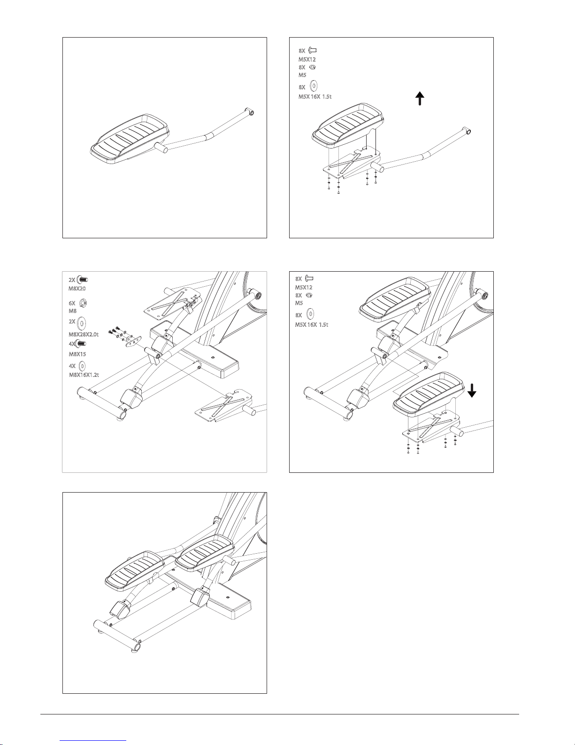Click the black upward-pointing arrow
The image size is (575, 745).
pos(420,98)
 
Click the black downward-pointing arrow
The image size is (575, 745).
pos(472,391)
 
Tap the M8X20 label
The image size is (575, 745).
pos(77,288)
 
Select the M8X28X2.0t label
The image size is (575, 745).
pos(84,334)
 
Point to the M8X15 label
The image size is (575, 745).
pos(77,354)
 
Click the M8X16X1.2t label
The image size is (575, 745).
pos(84,375)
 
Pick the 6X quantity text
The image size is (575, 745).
pos(72,304)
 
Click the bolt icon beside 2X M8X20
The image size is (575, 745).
pos(82,279)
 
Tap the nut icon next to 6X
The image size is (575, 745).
pos(83,303)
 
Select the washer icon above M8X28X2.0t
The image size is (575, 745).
pos(82,323)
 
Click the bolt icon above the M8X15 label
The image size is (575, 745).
pos(81,343)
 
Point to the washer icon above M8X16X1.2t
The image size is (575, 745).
pos(82,366)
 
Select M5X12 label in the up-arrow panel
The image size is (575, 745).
pos(307,59)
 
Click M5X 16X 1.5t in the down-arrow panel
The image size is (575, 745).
pos(312,324)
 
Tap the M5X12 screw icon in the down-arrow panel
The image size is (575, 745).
pos(309,278)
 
